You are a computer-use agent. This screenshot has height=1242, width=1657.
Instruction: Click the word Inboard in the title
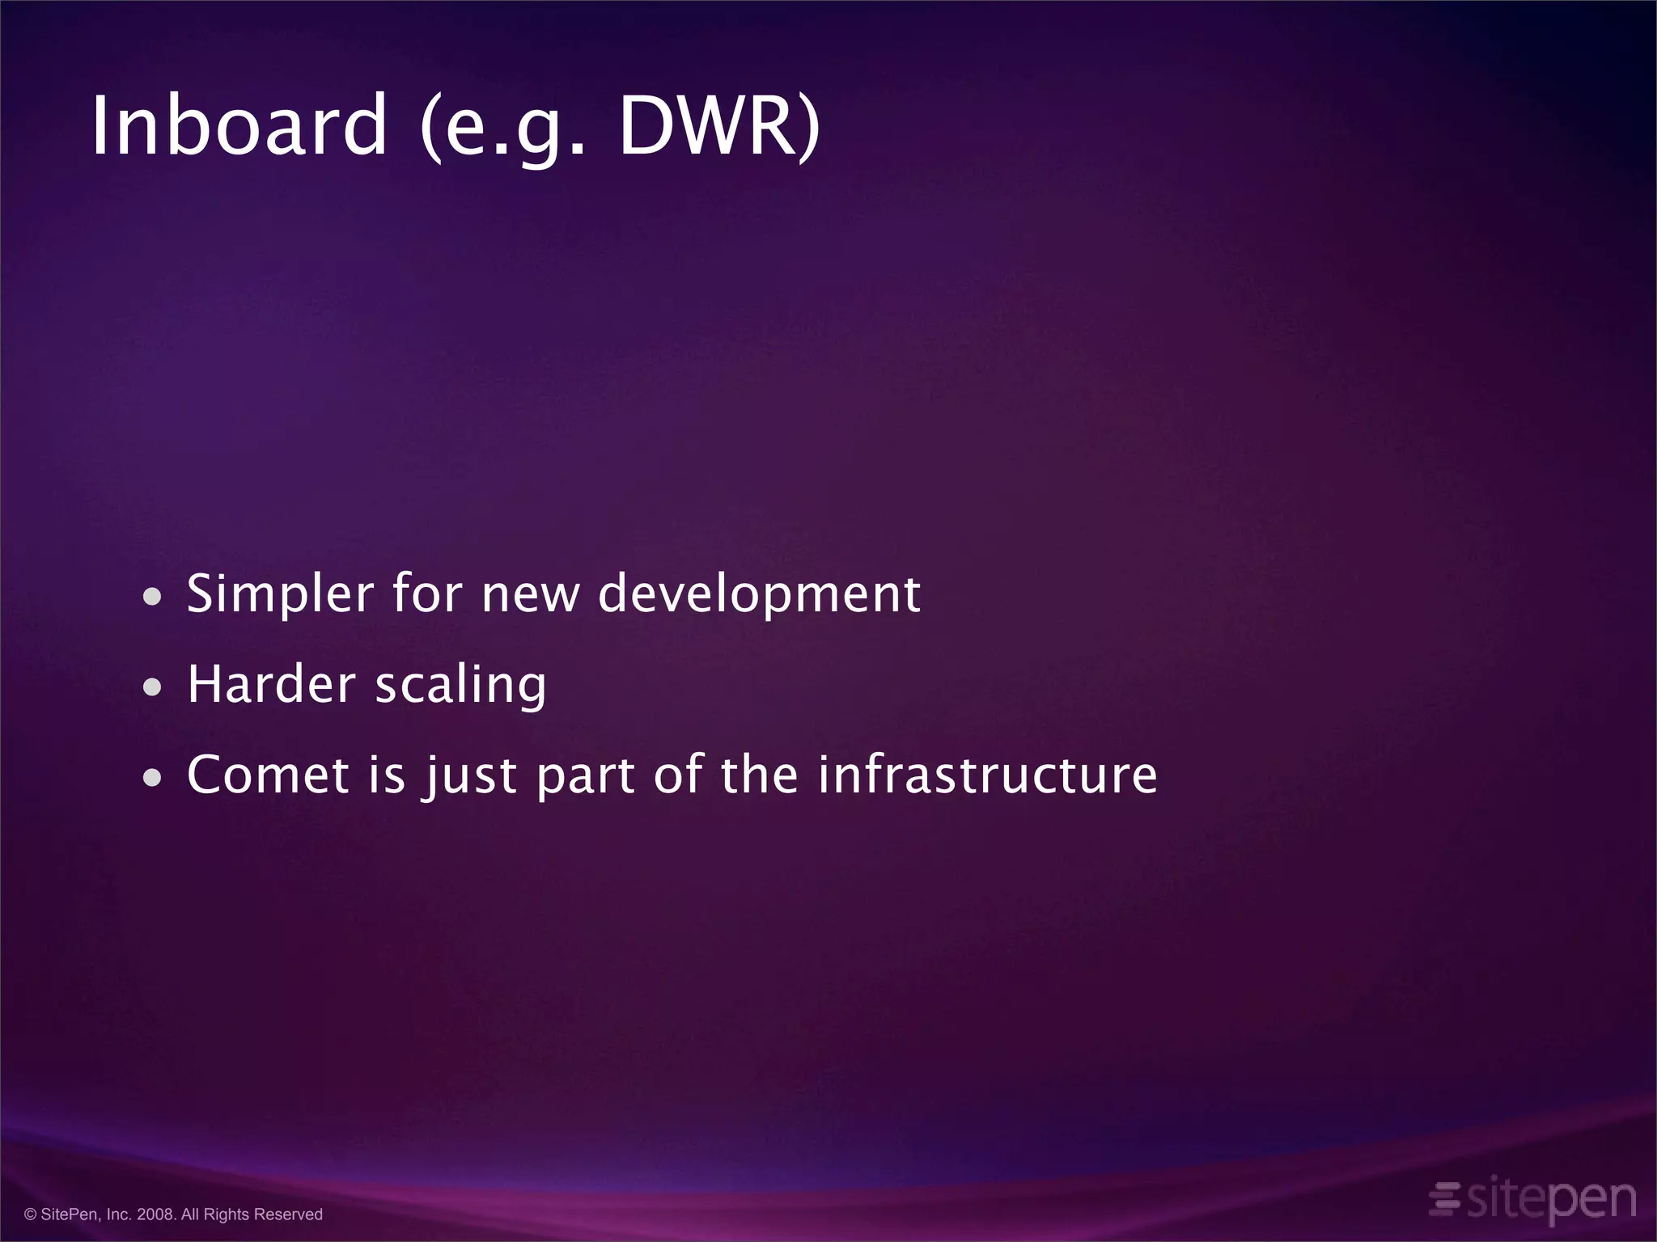point(239,126)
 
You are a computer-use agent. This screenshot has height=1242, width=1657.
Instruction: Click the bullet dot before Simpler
point(151,598)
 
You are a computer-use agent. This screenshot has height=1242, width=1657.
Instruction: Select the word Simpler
point(279,595)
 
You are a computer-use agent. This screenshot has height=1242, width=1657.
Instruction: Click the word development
point(759,595)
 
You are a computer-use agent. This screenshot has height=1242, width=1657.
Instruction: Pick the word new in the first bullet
point(530,595)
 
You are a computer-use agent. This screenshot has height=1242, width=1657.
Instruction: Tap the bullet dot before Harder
point(151,688)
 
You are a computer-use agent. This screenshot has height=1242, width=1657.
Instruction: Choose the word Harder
point(271,684)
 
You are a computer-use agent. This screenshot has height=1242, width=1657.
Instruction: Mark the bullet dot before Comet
point(151,778)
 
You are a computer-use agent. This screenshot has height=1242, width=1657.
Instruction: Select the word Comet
point(268,775)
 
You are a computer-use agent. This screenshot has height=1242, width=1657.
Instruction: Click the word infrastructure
point(987,775)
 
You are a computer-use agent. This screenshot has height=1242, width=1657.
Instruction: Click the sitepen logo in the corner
point(1549,1199)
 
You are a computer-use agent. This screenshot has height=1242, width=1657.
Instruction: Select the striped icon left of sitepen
point(1444,1198)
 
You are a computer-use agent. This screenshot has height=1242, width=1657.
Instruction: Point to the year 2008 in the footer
point(156,1215)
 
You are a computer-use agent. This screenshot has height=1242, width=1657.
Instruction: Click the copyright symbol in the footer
point(31,1215)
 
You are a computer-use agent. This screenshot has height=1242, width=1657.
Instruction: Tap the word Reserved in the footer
point(288,1215)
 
